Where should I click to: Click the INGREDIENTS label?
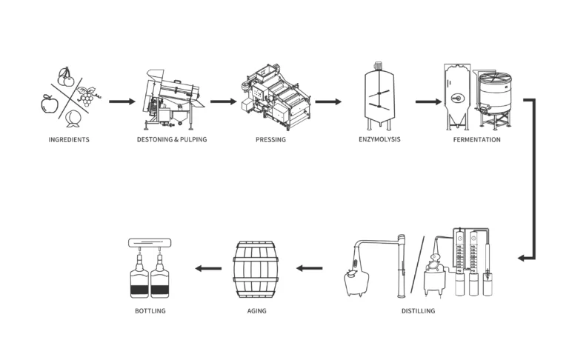coord(69,140)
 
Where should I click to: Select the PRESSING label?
coord(270,140)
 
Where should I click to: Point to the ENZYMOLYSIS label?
coord(379,139)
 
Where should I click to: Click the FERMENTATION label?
coord(477,140)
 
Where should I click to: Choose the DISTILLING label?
coord(418,311)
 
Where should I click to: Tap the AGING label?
coord(256,311)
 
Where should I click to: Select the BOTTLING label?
coord(150,311)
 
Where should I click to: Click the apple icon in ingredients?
coord(50,104)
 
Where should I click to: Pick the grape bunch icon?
coord(87,96)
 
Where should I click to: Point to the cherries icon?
coord(66,77)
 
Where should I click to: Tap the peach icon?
coord(73,119)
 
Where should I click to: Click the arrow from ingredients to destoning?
coord(122,101)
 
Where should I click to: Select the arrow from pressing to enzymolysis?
coord(328,101)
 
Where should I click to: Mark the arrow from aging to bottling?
coord(208,269)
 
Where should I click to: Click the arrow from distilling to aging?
coord(309,269)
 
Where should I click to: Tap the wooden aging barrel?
coord(256,270)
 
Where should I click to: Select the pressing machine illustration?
coord(276,97)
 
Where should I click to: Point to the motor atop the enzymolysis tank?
coord(379,65)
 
